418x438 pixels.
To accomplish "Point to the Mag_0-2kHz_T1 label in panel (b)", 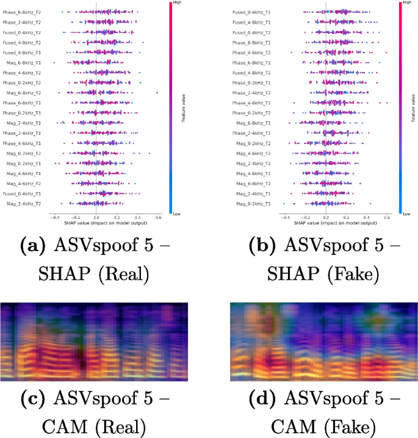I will [256, 203].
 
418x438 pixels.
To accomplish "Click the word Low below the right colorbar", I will [405, 214].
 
